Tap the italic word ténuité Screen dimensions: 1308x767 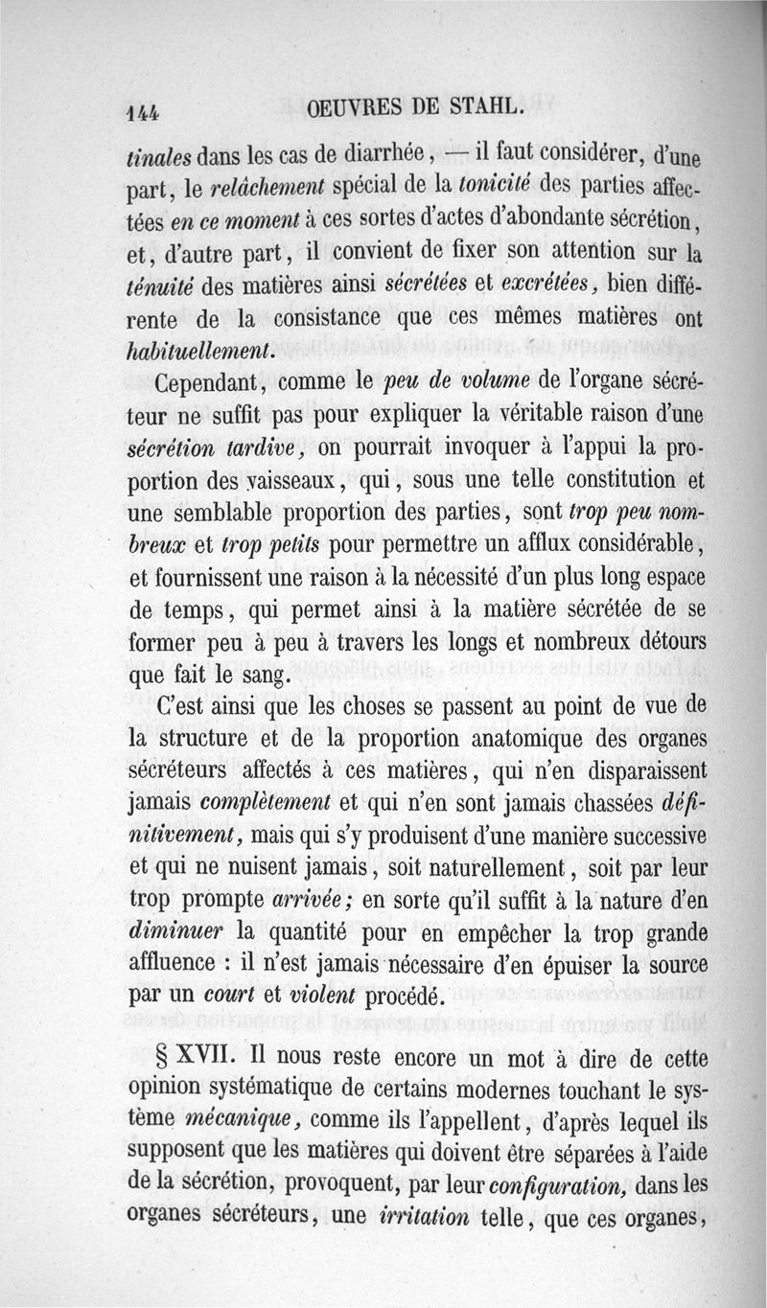[159, 286]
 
